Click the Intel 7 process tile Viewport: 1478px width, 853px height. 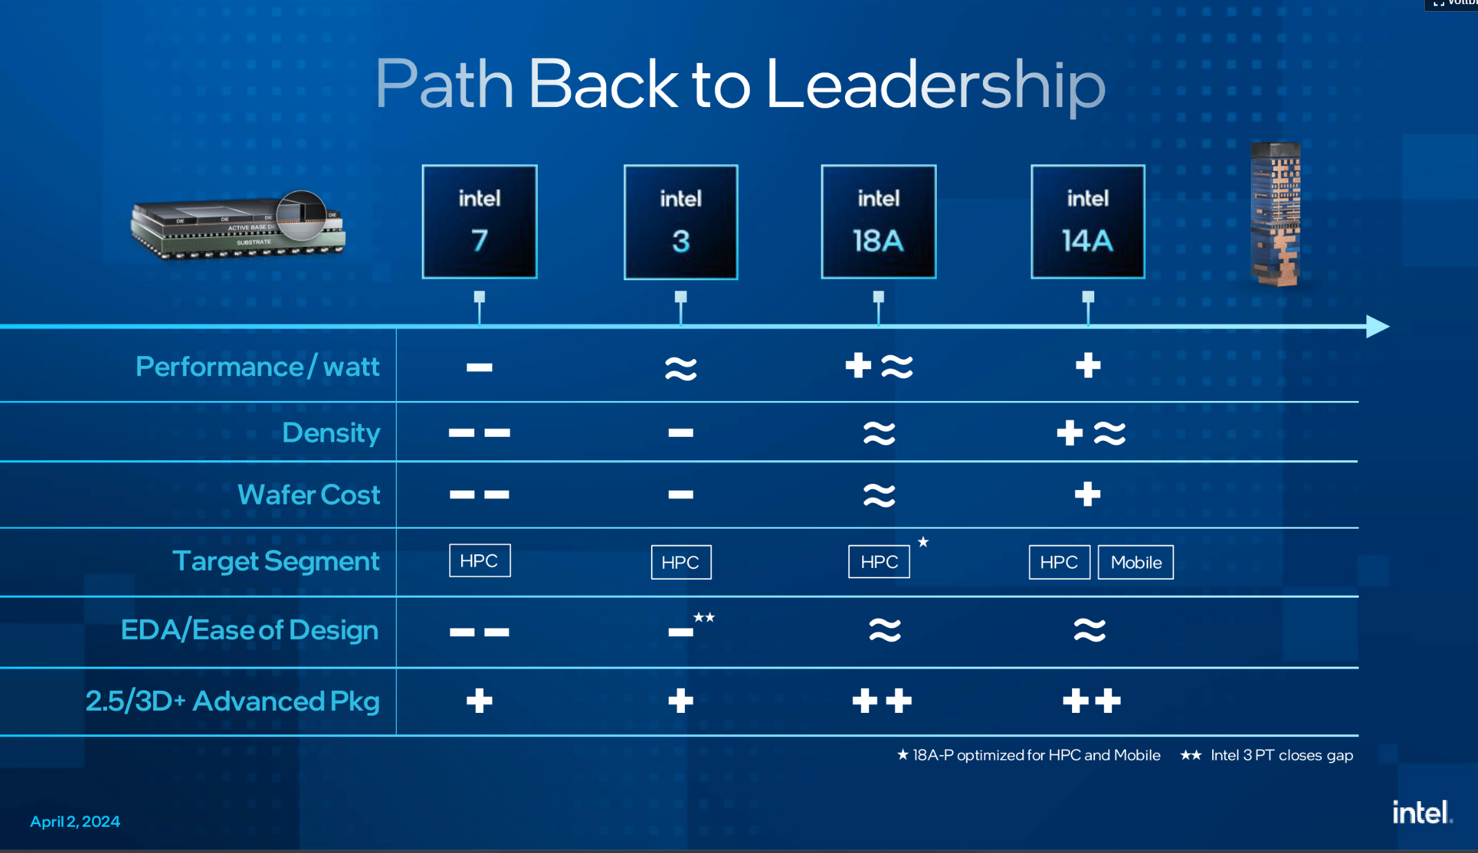(x=480, y=222)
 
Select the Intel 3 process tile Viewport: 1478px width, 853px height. (x=681, y=222)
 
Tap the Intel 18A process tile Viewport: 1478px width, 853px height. (x=878, y=222)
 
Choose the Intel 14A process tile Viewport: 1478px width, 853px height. (x=1087, y=222)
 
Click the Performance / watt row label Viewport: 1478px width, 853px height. (x=257, y=366)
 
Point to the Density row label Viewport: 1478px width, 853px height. (x=331, y=433)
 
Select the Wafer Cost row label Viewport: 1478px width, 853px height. (x=309, y=494)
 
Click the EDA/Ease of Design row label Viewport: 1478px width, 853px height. (x=249, y=629)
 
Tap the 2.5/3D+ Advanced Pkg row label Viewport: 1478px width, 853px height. (x=233, y=700)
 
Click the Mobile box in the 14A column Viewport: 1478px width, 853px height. (x=1136, y=562)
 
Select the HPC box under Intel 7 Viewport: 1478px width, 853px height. (x=480, y=560)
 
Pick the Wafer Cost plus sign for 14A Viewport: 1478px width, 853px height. (x=1087, y=494)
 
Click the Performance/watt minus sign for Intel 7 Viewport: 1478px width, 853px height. (x=479, y=367)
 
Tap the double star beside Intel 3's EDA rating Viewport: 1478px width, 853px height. (x=704, y=617)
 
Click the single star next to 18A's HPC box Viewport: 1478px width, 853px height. (x=923, y=542)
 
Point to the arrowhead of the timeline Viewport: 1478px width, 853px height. (x=1377, y=326)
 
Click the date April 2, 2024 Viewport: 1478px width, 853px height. (x=75, y=821)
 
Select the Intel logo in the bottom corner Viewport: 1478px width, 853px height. (x=1421, y=813)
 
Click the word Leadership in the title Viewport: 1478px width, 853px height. (x=935, y=85)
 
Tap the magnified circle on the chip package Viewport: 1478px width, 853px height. (x=302, y=215)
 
